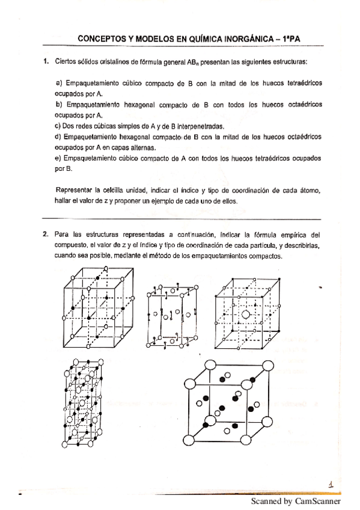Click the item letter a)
click(59, 82)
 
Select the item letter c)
click(58, 126)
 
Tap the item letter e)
click(58, 158)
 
